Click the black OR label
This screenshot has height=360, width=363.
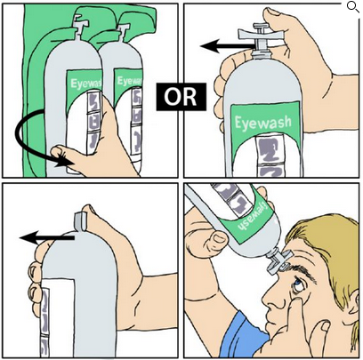(x=181, y=97)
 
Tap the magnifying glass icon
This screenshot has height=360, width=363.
(x=353, y=7)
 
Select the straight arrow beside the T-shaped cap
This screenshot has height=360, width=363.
(x=228, y=46)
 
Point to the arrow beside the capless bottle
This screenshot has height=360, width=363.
(x=46, y=237)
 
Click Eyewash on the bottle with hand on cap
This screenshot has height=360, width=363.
(x=263, y=123)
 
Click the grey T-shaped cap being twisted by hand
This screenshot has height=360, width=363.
(x=261, y=36)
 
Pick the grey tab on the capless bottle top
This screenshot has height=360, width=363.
(x=79, y=221)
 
